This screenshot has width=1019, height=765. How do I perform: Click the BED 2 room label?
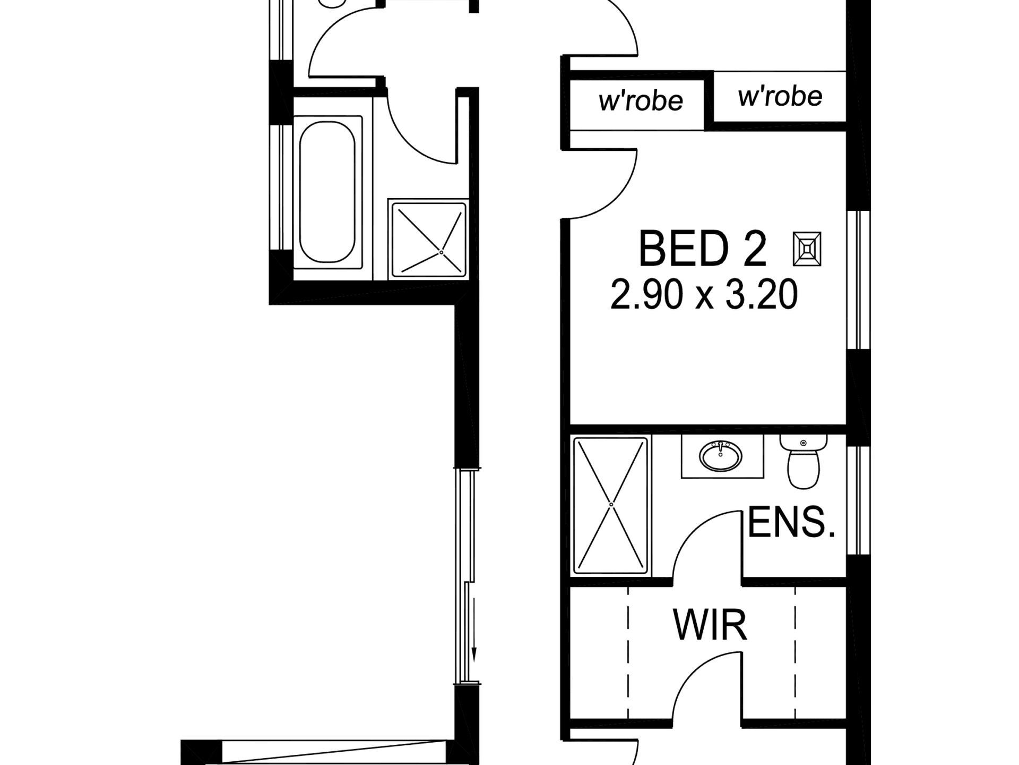coord(702,249)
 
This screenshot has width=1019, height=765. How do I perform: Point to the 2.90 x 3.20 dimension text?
coord(704,295)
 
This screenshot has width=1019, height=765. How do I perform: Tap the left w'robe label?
coord(641,100)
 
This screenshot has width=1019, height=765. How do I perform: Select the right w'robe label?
coord(780,96)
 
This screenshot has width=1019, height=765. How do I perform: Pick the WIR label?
coord(710,625)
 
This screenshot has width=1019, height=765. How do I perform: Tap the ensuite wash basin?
coord(721,456)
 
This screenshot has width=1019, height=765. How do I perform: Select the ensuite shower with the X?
coord(611,505)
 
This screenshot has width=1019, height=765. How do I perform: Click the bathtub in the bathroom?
coord(327,192)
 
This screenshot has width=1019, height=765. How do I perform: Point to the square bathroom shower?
coord(428,239)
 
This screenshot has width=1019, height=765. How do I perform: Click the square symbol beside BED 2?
coord(807,249)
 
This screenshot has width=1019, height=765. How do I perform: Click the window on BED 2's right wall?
coord(858,280)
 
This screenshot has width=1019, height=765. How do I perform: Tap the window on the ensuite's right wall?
coord(858,500)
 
